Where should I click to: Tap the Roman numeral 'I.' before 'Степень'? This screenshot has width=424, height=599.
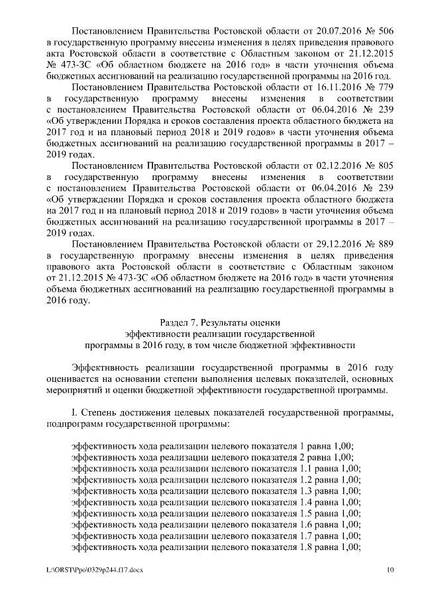pyautogui.click(x=75, y=412)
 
